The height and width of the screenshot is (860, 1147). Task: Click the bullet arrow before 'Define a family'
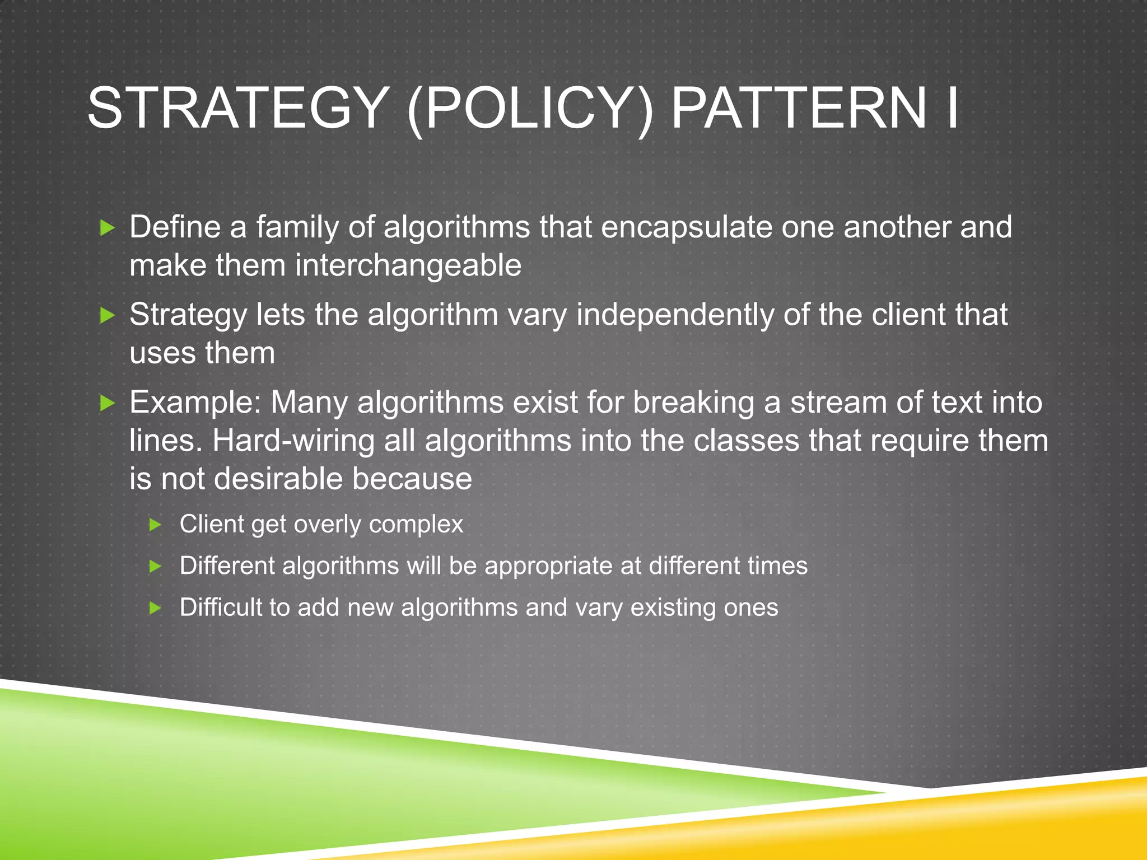tap(107, 228)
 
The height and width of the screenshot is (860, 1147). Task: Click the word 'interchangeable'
tap(408, 265)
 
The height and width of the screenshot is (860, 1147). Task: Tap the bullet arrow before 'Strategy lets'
tap(107, 316)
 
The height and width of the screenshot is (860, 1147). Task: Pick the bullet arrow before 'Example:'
tap(107, 403)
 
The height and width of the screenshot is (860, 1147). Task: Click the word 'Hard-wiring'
tap(293, 441)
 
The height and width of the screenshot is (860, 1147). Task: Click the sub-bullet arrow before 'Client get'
tap(156, 525)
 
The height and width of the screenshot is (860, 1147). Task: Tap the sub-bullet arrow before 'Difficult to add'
tap(156, 608)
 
